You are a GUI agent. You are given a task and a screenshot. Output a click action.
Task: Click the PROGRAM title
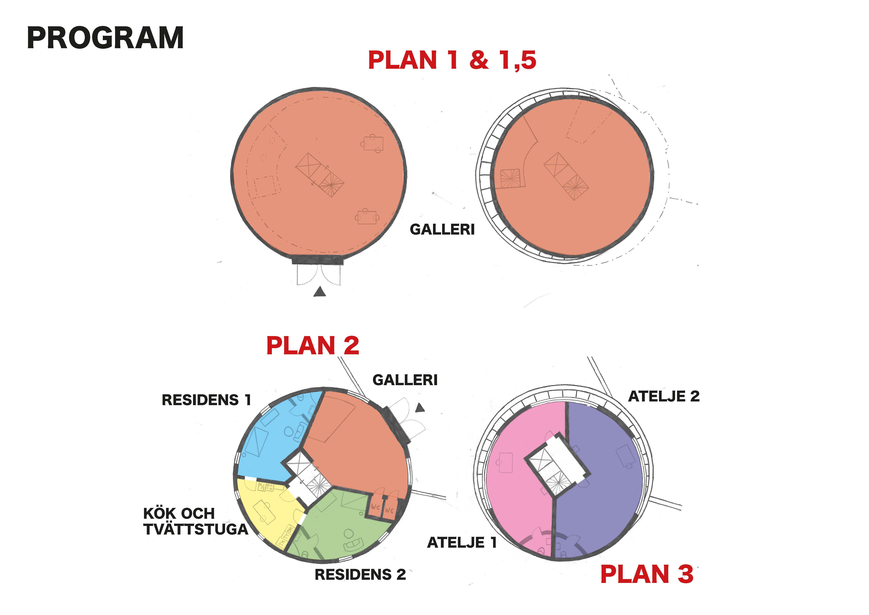(x=105, y=38)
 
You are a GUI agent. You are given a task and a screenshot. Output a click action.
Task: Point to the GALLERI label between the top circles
(x=442, y=229)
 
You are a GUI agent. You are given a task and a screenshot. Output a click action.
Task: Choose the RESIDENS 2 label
(x=360, y=575)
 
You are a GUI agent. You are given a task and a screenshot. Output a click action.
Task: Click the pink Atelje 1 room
(x=518, y=492)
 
